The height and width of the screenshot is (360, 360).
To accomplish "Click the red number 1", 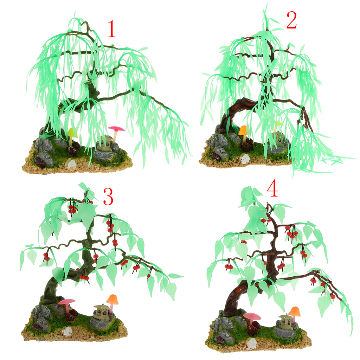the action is point(112,29).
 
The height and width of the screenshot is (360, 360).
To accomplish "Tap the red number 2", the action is point(291,20).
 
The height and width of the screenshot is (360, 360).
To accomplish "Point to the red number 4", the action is point(273,188).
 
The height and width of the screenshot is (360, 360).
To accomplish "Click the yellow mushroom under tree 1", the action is point(72,135).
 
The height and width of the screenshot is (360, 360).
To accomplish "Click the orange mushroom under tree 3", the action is point(112,302).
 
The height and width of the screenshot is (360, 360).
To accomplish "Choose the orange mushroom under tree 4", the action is point(294,313).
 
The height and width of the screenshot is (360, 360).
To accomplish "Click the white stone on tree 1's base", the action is point(72,164).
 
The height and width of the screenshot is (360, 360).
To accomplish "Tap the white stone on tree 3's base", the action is point(67,331).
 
